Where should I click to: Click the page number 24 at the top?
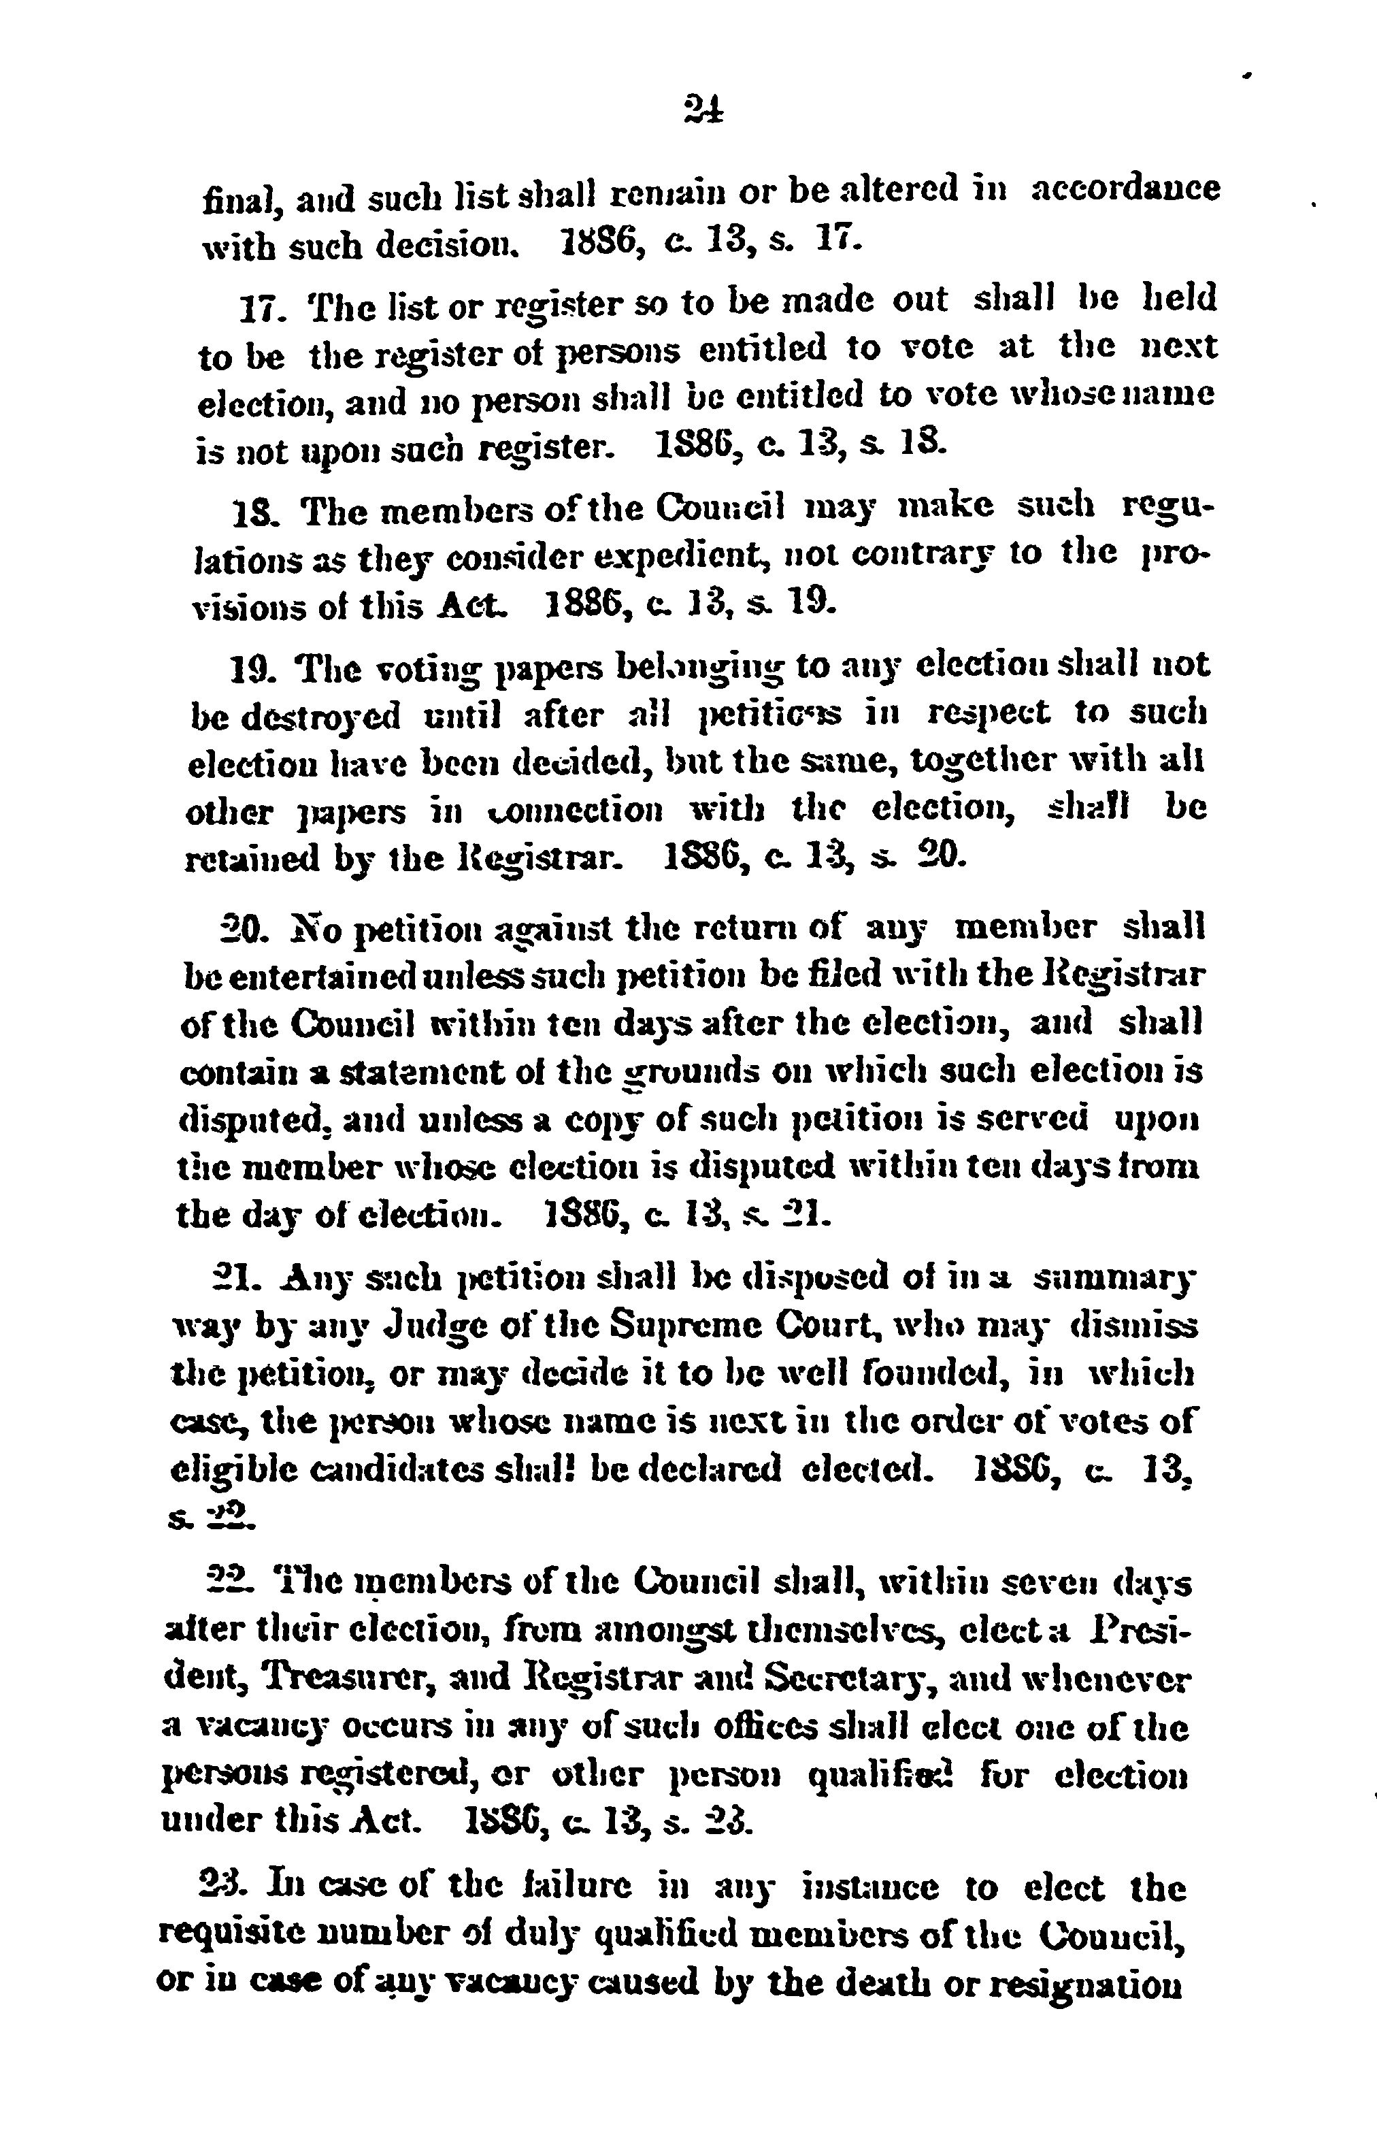703,110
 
